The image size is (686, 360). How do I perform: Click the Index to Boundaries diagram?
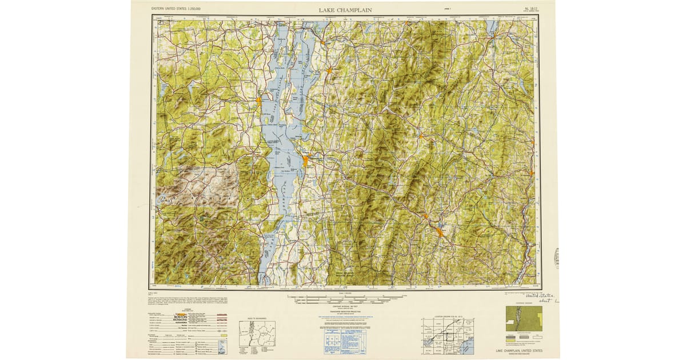pos(257,335)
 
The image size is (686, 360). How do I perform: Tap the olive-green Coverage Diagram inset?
pos(523,319)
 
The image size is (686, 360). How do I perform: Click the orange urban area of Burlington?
pos(305,161)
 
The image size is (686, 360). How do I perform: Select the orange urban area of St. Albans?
pos(329,71)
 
